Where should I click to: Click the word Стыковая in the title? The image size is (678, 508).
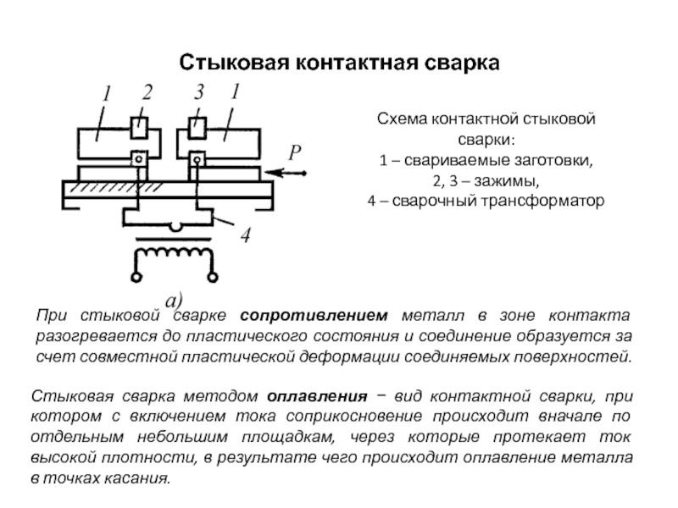pyautogui.click(x=234, y=63)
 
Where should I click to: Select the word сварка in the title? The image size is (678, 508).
pyautogui.click(x=461, y=63)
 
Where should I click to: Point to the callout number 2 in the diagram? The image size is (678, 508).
pyautogui.click(x=147, y=92)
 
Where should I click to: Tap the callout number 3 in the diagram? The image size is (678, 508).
pyautogui.click(x=198, y=92)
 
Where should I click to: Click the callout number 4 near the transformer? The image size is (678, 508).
pyautogui.click(x=245, y=235)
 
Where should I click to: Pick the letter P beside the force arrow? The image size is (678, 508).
pyautogui.click(x=294, y=152)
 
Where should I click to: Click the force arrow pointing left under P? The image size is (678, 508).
pyautogui.click(x=286, y=174)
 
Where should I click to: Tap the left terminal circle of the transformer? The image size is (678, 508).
pyautogui.click(x=136, y=277)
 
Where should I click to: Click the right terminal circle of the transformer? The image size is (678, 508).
pyautogui.click(x=213, y=277)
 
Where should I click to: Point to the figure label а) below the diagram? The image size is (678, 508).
pyautogui.click(x=175, y=300)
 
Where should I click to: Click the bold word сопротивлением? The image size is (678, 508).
pyautogui.click(x=314, y=316)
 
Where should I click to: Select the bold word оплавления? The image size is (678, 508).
pyautogui.click(x=317, y=396)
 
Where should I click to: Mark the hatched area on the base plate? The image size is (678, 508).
pyautogui.click(x=116, y=187)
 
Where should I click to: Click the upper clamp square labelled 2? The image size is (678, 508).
pyautogui.click(x=139, y=128)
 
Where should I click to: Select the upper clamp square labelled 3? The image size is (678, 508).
pyautogui.click(x=197, y=128)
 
